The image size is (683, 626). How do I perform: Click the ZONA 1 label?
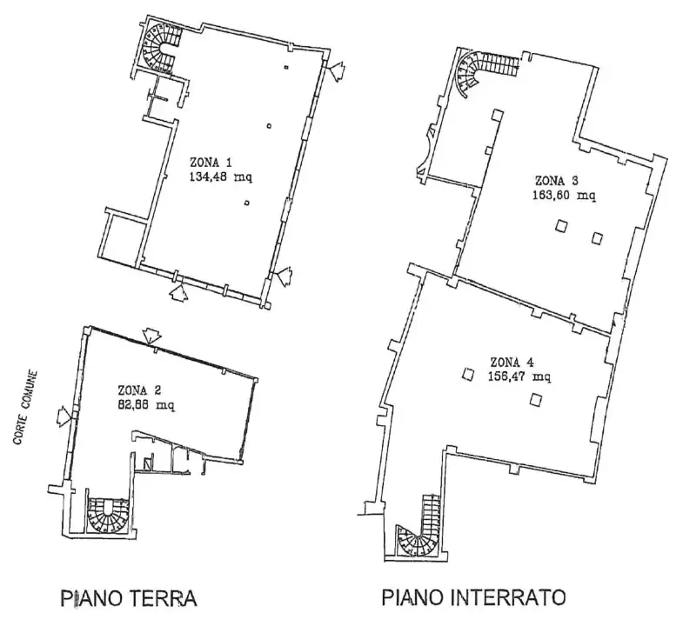pos(211,162)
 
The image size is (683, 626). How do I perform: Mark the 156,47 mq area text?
pos(520,376)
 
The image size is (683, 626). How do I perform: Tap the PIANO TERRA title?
pos(128,599)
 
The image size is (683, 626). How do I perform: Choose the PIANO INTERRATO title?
pos(473,598)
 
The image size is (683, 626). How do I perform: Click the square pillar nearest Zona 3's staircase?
pos(498,115)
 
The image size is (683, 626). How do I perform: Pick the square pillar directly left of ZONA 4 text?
pos(468,374)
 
